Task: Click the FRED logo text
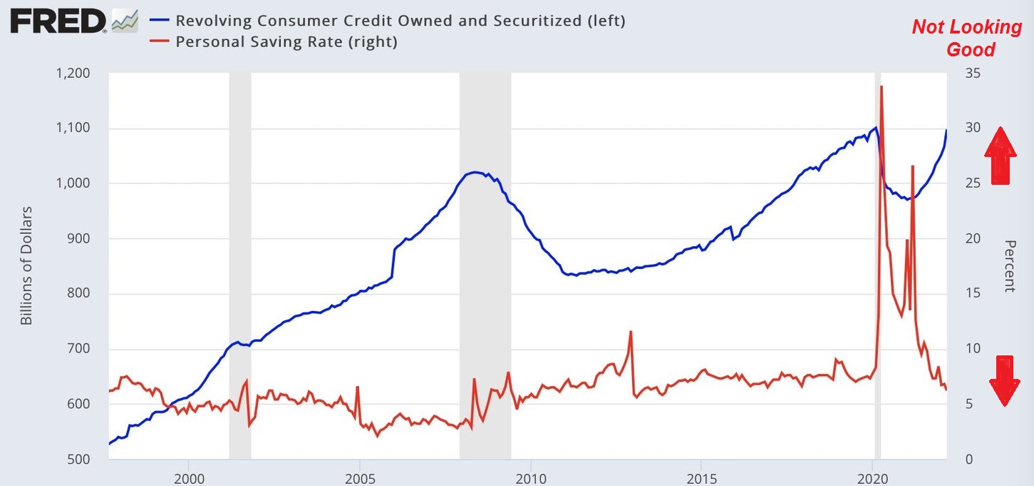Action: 57,22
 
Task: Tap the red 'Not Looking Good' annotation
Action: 966,38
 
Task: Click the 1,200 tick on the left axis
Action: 73,74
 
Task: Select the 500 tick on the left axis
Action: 79,459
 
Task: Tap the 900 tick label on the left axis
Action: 79,238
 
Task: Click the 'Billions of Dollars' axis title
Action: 26,265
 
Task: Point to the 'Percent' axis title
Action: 1010,265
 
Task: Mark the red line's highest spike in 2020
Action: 882,87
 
